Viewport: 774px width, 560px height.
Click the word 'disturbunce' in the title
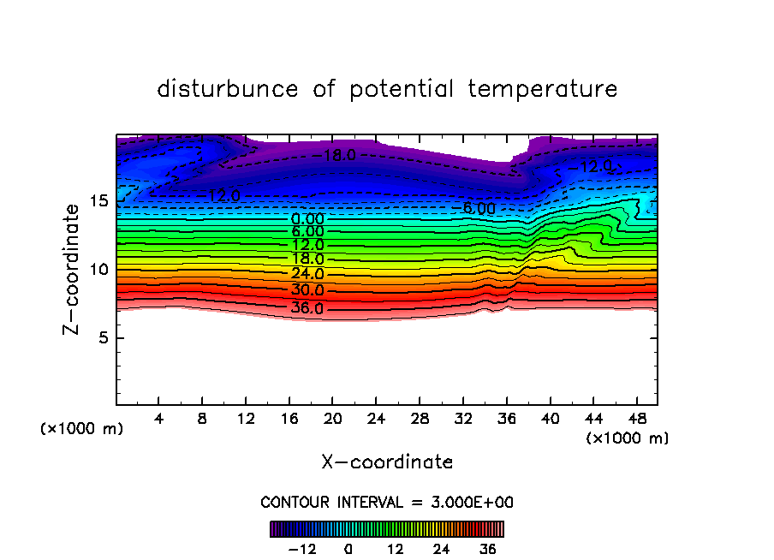(228, 89)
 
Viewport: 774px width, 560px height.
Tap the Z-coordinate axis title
(73, 269)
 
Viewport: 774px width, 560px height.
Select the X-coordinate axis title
(387, 462)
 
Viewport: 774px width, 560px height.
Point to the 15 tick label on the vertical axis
(98, 201)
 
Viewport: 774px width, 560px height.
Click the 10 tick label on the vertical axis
(98, 270)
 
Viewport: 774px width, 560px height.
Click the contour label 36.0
(307, 308)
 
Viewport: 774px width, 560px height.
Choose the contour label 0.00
(307, 219)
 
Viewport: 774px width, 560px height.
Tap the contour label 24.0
(307, 275)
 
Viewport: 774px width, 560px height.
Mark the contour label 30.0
(307, 290)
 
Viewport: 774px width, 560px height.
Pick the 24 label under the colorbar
(441, 549)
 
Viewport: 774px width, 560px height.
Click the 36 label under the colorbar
(487, 549)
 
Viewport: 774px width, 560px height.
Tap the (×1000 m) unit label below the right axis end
(628, 438)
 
